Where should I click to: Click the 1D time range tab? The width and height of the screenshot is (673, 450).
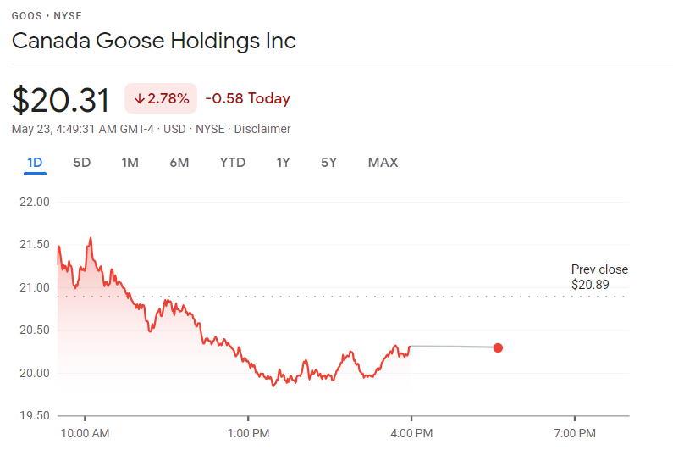pyautogui.click(x=35, y=163)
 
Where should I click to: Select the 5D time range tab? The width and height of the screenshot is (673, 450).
pyautogui.click(x=82, y=163)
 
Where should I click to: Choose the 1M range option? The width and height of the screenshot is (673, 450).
pyautogui.click(x=130, y=163)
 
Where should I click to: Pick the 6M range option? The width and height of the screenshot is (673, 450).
pyautogui.click(x=179, y=163)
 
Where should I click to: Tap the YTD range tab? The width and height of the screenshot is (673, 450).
pyautogui.click(x=232, y=163)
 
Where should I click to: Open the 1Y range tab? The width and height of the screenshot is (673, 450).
pyautogui.click(x=284, y=163)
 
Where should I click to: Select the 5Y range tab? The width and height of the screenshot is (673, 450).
pyautogui.click(x=328, y=163)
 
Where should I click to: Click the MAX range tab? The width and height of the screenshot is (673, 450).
pyautogui.click(x=383, y=163)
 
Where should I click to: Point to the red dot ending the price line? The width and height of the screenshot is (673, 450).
pyautogui.click(x=498, y=347)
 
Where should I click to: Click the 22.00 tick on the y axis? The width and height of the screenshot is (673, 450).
pyautogui.click(x=34, y=202)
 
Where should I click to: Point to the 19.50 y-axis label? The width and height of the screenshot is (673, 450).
pyautogui.click(x=34, y=415)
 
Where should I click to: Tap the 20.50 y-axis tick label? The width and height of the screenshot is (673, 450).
pyautogui.click(x=34, y=330)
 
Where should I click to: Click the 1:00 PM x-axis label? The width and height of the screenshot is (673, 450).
pyautogui.click(x=249, y=433)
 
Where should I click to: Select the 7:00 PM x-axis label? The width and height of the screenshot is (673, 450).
pyautogui.click(x=575, y=433)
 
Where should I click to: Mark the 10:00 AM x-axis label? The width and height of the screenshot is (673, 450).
pyautogui.click(x=86, y=433)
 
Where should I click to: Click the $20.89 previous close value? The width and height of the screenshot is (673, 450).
pyautogui.click(x=590, y=285)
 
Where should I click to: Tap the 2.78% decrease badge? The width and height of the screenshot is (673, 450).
pyautogui.click(x=161, y=98)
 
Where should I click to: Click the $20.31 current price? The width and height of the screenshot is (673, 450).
pyautogui.click(x=61, y=100)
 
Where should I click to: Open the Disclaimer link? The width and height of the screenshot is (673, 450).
pyautogui.click(x=262, y=129)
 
